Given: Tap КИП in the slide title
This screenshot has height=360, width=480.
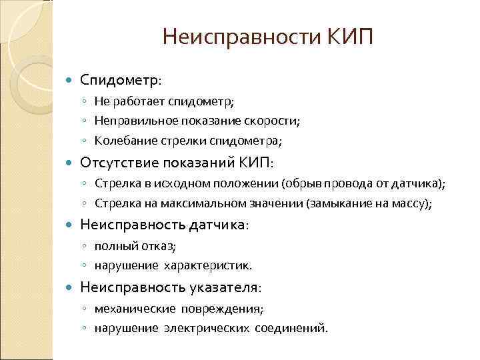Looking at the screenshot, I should click(351, 36).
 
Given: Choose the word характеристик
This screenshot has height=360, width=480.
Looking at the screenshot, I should click(206, 266).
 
